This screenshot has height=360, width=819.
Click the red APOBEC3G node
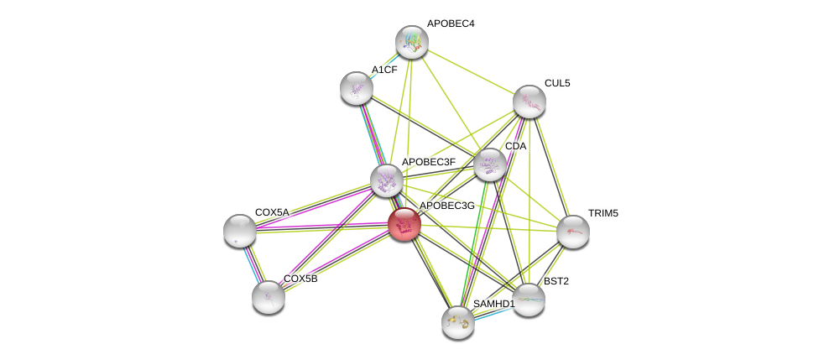pos(404,224)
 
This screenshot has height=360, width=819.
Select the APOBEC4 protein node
pos(412,41)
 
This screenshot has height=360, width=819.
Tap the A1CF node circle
pos(357,88)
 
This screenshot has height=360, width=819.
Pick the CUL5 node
pos(529,102)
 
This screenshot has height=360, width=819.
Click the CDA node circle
pos(489,164)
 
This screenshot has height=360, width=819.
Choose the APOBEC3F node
pos(387,180)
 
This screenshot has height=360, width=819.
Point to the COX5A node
pos(240,231)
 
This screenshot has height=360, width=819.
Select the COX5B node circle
pos(269,296)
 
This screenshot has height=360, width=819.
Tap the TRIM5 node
pos(573,232)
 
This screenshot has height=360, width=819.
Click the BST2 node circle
pos(529,300)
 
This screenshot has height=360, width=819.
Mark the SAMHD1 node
pos(458,321)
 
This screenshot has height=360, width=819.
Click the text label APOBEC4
pos(451,23)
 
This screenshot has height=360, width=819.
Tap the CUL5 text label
pos(557,83)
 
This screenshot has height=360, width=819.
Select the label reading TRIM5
pos(603,213)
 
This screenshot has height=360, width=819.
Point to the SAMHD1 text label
pos(493,304)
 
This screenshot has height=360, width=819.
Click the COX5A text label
pos(272,212)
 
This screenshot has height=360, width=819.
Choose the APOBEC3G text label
pos(446,206)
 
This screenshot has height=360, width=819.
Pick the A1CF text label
pos(384,70)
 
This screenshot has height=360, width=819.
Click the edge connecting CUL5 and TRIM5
pos(551,166)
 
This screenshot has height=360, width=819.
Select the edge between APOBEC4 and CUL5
pos(471,71)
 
